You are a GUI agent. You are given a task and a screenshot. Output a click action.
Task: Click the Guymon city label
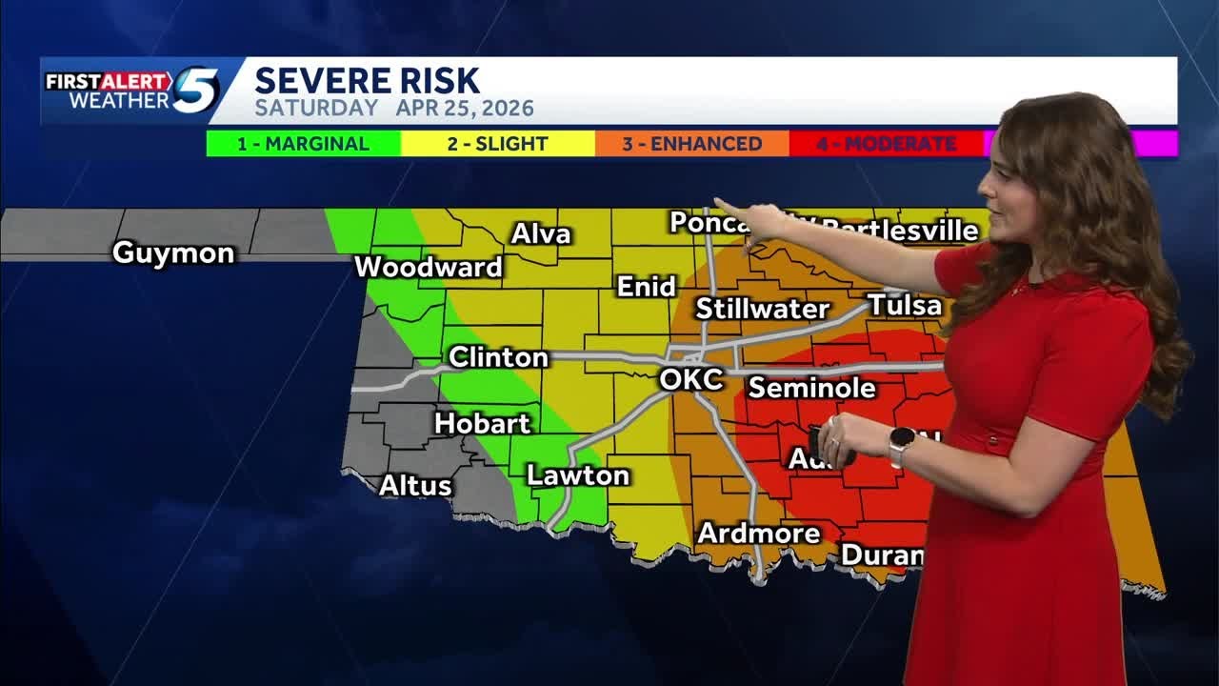(x=172, y=253)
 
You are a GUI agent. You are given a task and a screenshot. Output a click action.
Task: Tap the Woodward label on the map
(x=428, y=268)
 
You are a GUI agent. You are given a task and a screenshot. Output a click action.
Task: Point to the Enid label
(x=646, y=287)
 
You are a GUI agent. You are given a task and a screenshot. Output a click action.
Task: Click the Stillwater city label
(x=762, y=309)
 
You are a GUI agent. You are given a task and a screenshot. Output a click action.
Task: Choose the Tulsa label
(x=904, y=306)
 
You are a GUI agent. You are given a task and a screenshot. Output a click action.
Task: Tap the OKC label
(x=691, y=379)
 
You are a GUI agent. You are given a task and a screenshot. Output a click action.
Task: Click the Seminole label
(x=811, y=388)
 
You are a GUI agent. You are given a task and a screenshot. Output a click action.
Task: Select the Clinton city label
(x=498, y=357)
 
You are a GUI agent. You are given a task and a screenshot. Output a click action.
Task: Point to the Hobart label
(x=482, y=423)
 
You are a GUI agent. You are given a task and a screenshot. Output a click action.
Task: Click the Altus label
(x=415, y=485)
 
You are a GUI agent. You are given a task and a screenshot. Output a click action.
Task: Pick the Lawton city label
(x=578, y=475)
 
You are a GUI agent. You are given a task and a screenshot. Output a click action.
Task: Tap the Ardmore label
(x=758, y=534)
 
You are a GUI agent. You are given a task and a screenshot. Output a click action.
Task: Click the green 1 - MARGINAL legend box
(x=304, y=144)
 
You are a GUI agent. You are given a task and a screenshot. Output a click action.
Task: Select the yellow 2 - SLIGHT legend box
(x=498, y=144)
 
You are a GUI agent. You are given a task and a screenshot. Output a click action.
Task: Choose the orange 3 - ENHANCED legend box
(x=692, y=144)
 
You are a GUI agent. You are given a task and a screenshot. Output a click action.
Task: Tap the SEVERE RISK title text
(x=367, y=81)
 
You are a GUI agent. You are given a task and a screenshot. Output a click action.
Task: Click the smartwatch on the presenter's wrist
(x=901, y=445)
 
